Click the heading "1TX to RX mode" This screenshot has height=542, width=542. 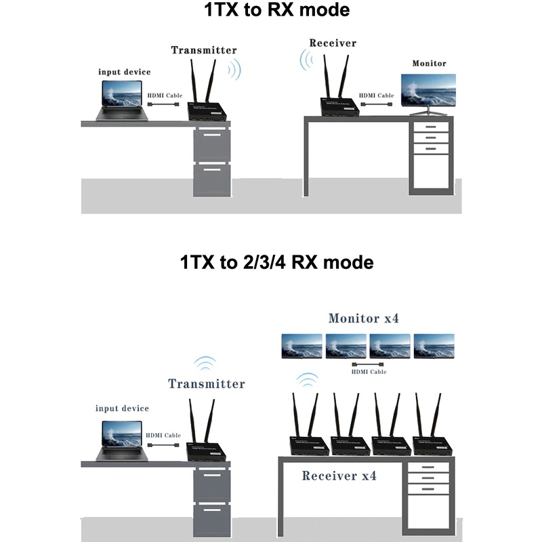[x=272, y=12]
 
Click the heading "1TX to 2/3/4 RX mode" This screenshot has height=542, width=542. [x=272, y=262]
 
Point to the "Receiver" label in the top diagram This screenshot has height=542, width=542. [x=333, y=43]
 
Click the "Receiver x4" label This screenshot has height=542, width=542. [x=339, y=476]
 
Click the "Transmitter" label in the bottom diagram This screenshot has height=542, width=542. [x=206, y=384]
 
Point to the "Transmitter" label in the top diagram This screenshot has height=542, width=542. [x=203, y=50]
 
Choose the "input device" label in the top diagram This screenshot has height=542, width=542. [x=125, y=72]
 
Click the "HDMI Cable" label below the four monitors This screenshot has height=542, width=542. [x=369, y=372]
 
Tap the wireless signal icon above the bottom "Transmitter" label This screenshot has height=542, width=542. [x=205, y=363]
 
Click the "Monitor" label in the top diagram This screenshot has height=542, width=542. [x=430, y=64]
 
